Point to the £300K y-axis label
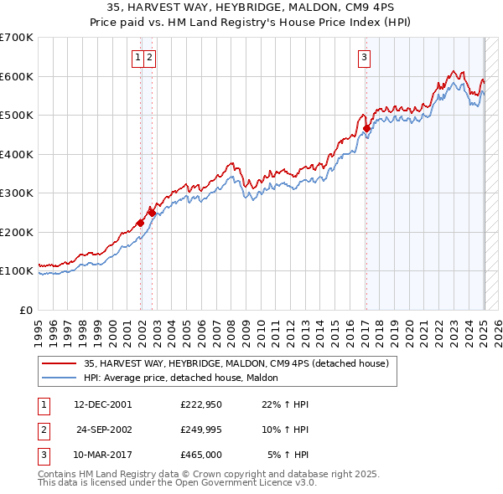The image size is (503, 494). (x=17, y=193)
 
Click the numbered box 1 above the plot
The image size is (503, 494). (x=137, y=58)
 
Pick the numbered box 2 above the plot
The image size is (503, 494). (x=148, y=58)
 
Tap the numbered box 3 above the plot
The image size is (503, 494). (x=365, y=58)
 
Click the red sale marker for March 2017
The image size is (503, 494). (x=366, y=129)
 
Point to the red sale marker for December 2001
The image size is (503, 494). (x=140, y=224)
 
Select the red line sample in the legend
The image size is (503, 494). (x=59, y=364)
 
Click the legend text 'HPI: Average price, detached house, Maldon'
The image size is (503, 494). (x=186, y=378)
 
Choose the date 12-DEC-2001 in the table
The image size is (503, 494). (x=103, y=404)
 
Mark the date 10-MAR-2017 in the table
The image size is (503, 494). (x=103, y=455)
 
